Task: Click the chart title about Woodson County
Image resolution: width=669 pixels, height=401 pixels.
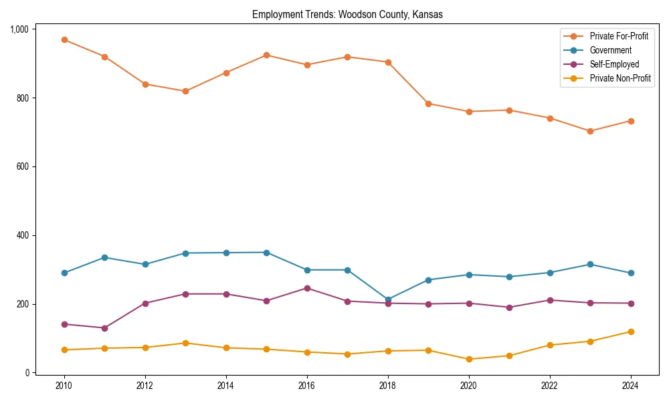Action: click(x=347, y=15)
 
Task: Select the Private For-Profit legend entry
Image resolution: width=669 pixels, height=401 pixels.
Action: click(x=619, y=36)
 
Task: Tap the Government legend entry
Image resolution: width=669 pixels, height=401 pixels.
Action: click(x=610, y=50)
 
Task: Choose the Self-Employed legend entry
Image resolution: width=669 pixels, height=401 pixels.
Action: click(x=614, y=64)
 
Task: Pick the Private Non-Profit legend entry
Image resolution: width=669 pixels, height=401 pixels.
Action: click(x=620, y=78)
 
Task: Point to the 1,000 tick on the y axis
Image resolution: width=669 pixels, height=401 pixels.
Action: click(x=19, y=29)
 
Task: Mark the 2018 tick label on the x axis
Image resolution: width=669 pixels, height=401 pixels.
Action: click(x=388, y=386)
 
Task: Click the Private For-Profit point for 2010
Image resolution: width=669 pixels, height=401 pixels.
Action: click(x=64, y=39)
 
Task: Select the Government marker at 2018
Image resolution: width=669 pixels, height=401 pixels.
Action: click(x=388, y=299)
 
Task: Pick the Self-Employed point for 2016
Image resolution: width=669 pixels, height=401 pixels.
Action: click(x=307, y=288)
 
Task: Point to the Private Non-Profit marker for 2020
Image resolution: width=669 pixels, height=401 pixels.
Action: click(x=469, y=359)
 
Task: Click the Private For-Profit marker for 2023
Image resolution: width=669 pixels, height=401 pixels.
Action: click(x=590, y=131)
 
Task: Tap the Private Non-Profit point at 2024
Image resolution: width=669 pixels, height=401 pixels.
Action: click(x=631, y=331)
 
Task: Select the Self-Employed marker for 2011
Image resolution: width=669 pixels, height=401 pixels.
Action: click(x=105, y=328)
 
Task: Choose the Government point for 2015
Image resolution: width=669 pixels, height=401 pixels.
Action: click(x=266, y=253)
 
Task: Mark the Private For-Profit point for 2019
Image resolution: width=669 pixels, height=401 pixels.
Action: click(x=428, y=104)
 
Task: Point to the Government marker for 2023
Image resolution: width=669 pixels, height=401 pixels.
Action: click(x=590, y=265)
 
